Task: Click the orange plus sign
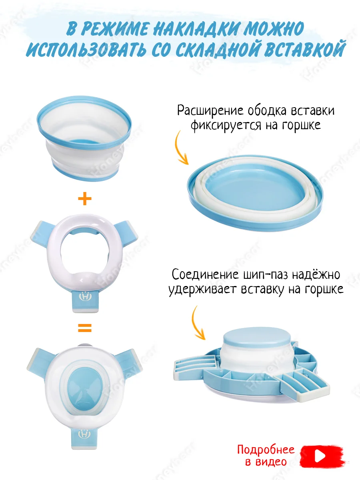pos(84,198)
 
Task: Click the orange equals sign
pos(84,328)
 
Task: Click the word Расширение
pos(210,111)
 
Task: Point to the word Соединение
pos(205,275)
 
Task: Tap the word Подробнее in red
pos(266,450)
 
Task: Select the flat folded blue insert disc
pos(255,192)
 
